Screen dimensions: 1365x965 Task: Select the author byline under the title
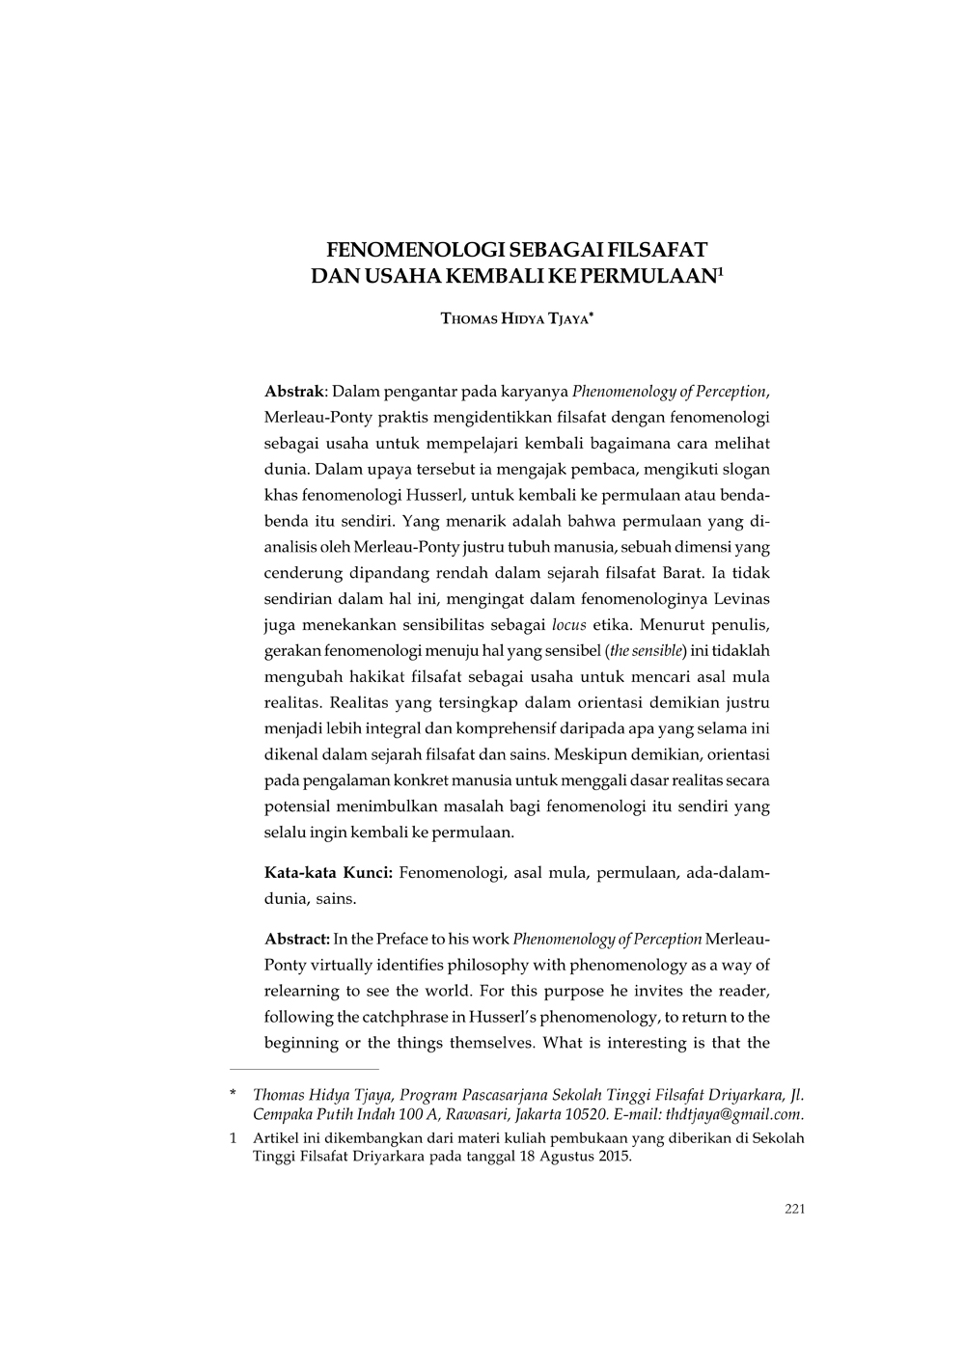pyautogui.click(x=516, y=317)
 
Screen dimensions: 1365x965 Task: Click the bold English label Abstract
pyautogui.click(x=297, y=939)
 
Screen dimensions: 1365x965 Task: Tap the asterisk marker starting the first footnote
pyautogui.click(x=233, y=1096)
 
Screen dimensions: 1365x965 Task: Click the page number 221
pyautogui.click(x=794, y=1210)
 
